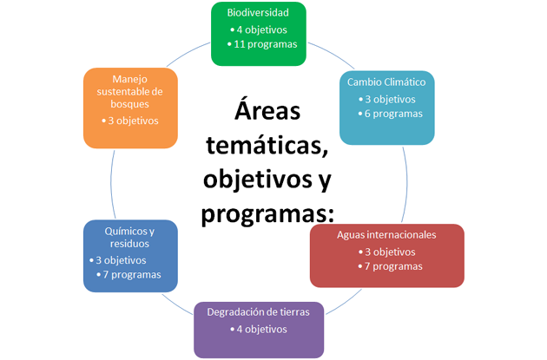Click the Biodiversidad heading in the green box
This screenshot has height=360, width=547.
coord(258,12)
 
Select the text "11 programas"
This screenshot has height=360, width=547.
coord(266,44)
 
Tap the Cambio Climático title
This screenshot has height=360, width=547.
coord(386,82)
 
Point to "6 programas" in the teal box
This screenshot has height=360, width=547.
coord(393,114)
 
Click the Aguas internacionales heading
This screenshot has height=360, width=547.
coord(386,235)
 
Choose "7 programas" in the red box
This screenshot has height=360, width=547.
coord(393,266)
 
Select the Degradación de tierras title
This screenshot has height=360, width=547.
coord(258,312)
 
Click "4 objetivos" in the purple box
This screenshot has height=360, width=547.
coord(261,330)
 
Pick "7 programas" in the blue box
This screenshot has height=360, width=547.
coord(132,275)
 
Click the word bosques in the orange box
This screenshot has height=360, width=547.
coord(129,104)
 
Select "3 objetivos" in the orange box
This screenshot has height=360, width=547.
coord(133,121)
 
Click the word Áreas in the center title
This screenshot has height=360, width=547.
coord(267,111)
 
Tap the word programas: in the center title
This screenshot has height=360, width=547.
coord(267,214)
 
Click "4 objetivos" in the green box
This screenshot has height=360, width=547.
coord(261,29)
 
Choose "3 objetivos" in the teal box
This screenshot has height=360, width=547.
coord(390,99)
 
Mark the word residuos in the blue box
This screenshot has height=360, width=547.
coord(129,244)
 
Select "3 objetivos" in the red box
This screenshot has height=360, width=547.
coord(390,252)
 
